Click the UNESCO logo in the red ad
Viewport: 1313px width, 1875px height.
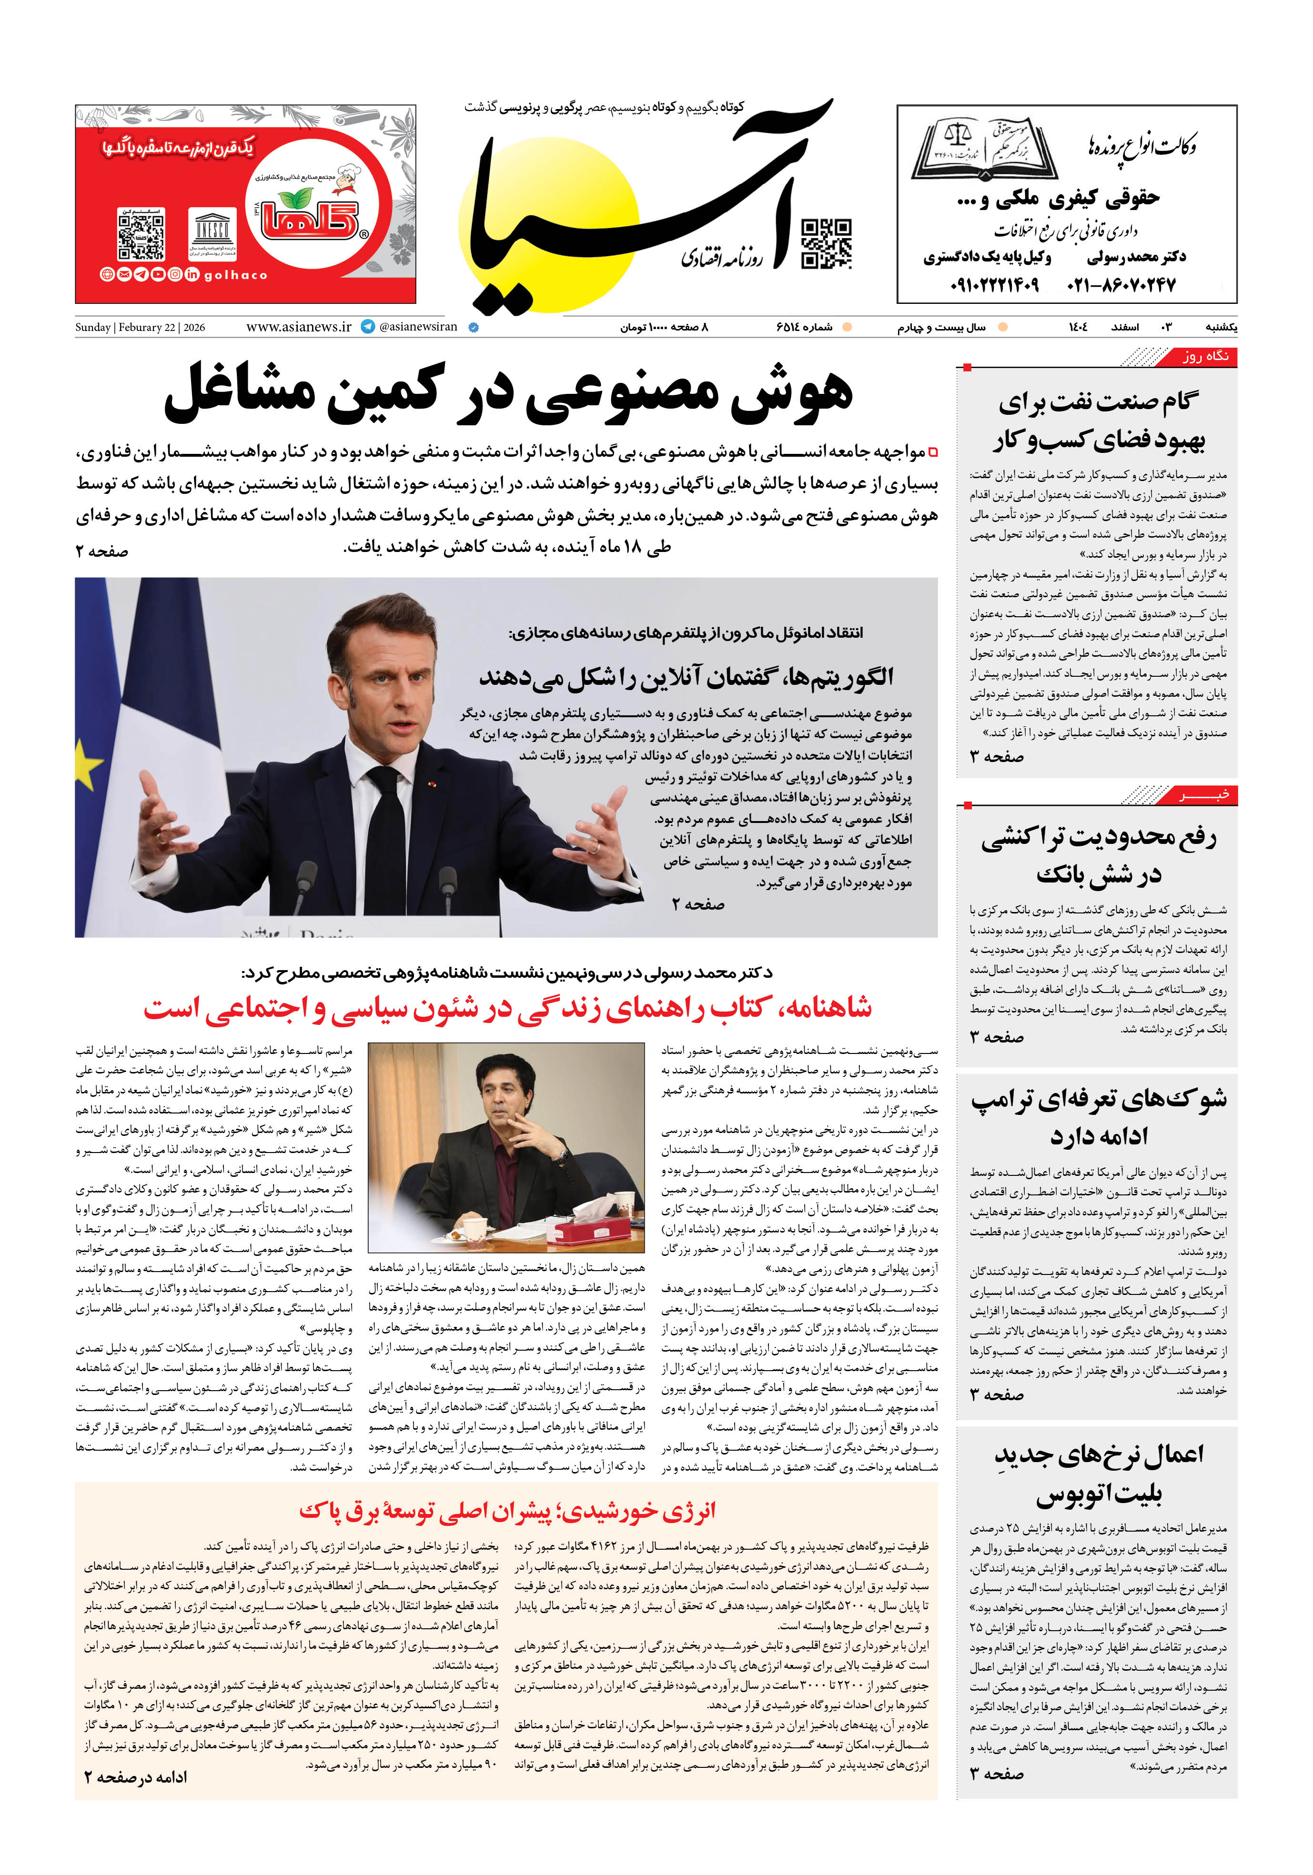click(212, 233)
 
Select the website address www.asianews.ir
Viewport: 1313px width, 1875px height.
click(298, 327)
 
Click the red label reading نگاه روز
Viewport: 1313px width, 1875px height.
click(1205, 357)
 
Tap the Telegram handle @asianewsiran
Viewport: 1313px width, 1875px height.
click(417, 327)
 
